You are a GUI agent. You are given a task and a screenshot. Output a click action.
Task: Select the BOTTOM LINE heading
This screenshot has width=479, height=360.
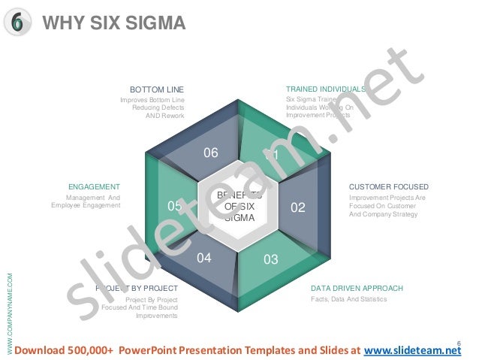pyautogui.click(x=157, y=89)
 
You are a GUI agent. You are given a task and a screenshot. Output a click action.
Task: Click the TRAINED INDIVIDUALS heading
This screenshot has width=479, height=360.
pyautogui.click(x=325, y=89)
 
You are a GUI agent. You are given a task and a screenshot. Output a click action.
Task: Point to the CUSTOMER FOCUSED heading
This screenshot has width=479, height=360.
pyautogui.click(x=389, y=186)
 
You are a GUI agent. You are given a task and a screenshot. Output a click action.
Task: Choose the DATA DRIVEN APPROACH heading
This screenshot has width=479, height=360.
pyautogui.click(x=357, y=288)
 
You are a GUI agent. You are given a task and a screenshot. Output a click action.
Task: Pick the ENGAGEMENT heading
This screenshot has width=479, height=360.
pyautogui.click(x=94, y=186)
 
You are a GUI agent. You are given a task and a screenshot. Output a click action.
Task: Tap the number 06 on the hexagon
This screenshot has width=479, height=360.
pyautogui.click(x=211, y=153)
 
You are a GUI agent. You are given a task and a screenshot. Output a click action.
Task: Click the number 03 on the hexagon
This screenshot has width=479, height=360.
pyautogui.click(x=271, y=259)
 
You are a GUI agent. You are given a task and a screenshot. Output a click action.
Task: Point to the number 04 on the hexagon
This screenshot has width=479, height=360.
pyautogui.click(x=204, y=258)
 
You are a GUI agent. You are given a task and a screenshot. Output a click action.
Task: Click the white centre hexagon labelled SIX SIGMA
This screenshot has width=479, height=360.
pyautogui.click(x=239, y=206)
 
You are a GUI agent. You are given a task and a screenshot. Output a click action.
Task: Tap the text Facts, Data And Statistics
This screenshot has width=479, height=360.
pyautogui.click(x=348, y=299)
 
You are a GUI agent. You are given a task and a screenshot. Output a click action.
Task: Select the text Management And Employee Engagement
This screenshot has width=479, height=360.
pyautogui.click(x=86, y=201)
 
